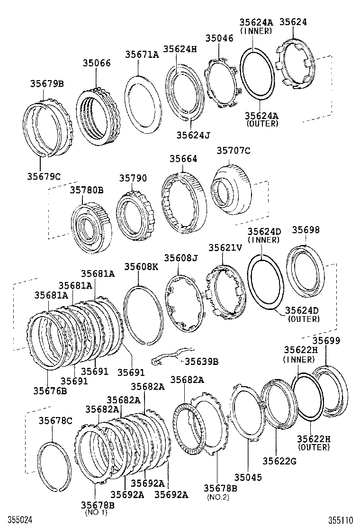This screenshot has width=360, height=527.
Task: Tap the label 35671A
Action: [142, 55]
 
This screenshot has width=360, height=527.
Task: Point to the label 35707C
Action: [233, 151]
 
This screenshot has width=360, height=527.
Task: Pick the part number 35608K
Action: [141, 267]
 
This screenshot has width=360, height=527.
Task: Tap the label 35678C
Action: [55, 420]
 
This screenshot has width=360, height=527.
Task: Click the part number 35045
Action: [249, 479]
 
